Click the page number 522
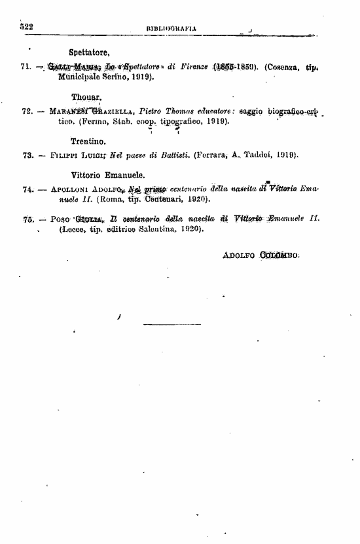[x=26, y=26]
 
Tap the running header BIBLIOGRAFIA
[x=173, y=27]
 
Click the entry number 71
[x=27, y=67]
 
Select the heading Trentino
[x=88, y=141]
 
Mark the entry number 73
[x=27, y=156]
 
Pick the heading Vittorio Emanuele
[x=108, y=175]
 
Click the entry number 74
[x=27, y=189]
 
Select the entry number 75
[x=27, y=220]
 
